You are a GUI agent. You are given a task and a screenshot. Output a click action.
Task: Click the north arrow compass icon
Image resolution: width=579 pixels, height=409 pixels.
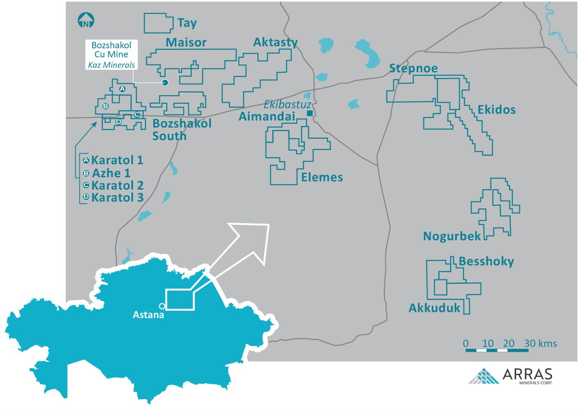86,21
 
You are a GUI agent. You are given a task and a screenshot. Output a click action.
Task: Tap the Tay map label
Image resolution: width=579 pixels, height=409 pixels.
187,23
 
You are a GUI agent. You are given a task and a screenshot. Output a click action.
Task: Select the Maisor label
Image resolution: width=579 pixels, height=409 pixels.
186,42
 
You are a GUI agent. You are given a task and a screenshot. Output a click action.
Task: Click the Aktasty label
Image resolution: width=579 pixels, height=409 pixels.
275,42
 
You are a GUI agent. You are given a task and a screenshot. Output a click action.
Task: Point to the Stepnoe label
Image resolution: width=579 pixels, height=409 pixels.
413,68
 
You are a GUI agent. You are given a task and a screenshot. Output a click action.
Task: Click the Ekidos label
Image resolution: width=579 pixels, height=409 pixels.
496,110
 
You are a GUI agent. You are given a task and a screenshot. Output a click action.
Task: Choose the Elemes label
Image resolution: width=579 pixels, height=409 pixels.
322,177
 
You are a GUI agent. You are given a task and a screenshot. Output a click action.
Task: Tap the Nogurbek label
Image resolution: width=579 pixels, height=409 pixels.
452,236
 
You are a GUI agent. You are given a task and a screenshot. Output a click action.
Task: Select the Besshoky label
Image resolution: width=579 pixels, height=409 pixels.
486,261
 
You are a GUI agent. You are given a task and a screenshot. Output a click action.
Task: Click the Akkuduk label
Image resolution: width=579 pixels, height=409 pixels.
434,308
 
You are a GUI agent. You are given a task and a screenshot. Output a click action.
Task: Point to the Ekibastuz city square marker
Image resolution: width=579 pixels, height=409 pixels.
310,113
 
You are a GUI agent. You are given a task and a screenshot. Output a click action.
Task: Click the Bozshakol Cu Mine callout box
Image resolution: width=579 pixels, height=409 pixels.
111,55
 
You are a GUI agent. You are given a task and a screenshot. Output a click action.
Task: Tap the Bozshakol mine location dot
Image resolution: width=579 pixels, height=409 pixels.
165,83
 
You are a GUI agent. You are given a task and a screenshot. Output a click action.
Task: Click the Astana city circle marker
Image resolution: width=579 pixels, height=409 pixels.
162,306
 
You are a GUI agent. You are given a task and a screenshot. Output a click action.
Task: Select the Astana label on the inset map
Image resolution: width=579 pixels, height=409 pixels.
148,315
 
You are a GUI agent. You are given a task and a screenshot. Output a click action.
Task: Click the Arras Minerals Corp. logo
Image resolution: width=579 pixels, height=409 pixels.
511,376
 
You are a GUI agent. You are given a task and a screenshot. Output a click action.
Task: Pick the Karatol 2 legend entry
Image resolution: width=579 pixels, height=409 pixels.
117,185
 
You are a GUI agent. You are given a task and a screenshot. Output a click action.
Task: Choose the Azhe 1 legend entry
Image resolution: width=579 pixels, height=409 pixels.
111,173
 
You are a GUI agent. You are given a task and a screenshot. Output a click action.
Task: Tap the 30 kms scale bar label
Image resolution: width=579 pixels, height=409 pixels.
540,343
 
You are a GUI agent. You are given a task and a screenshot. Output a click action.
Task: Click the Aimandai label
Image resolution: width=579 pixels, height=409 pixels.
267,116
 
